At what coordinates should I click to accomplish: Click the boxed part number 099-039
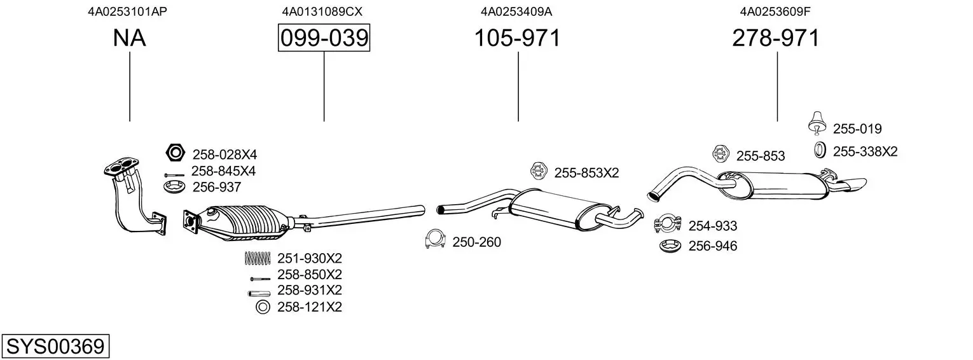[324, 38]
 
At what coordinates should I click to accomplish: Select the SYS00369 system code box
[55, 347]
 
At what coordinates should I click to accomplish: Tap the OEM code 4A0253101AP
[128, 11]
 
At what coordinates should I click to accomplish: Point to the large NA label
[129, 38]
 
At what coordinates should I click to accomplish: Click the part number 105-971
[518, 38]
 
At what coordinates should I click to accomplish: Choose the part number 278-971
[776, 38]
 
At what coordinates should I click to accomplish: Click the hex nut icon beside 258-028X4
[174, 153]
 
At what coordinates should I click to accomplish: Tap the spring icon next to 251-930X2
[258, 258]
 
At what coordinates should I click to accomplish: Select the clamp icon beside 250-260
[435, 240]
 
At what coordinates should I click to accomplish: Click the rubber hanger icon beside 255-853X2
[539, 171]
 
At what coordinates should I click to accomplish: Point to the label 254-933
[713, 226]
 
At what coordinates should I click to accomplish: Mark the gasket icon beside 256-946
[670, 246]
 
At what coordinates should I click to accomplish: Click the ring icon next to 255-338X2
[820, 151]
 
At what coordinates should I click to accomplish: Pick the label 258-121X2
[310, 308]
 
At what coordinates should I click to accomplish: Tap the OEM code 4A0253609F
[776, 11]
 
